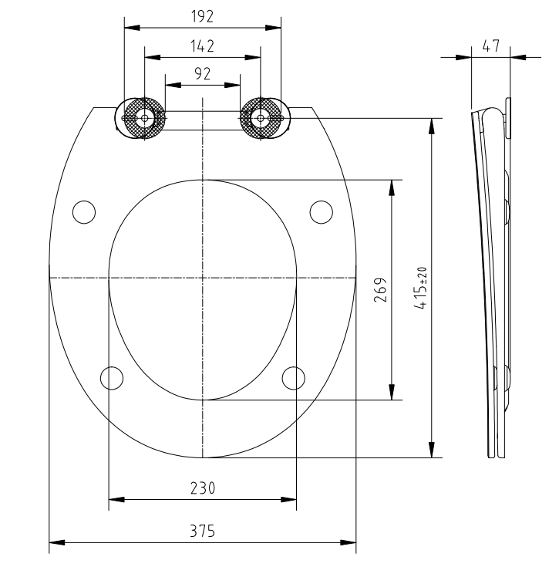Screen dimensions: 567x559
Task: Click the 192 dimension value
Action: click(202, 17)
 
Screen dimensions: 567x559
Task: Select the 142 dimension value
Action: click(202, 46)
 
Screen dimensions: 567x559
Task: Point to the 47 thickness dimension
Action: click(490, 46)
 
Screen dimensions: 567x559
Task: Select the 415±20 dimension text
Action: click(420, 288)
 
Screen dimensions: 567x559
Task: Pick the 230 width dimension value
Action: click(202, 488)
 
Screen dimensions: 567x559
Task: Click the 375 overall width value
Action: click(202, 532)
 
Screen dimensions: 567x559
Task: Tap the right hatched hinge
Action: click(261, 119)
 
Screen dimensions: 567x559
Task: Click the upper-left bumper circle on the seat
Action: click(83, 211)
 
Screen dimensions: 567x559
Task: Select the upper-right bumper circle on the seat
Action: click(322, 211)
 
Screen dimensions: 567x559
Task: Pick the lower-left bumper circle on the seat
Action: click(113, 377)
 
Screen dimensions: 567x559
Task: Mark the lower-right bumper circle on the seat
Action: click(293, 377)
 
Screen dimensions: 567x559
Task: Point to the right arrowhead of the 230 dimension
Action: click(291, 500)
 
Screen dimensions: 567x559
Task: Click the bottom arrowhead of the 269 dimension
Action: click(393, 394)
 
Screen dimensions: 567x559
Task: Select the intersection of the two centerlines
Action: click(202, 276)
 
